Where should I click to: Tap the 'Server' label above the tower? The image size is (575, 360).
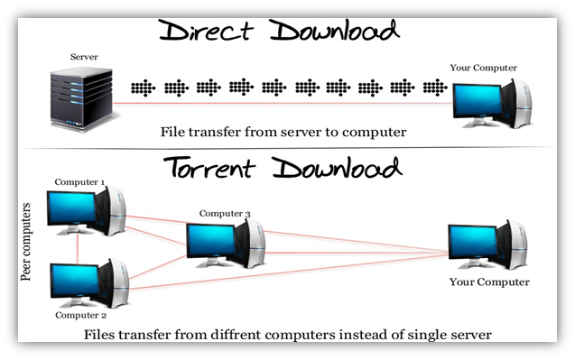click(83, 58)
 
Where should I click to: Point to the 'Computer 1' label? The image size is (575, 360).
click(79, 181)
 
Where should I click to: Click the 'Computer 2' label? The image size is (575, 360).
click(79, 316)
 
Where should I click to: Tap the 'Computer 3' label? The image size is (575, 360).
click(225, 213)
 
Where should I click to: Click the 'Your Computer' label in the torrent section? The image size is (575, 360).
click(488, 282)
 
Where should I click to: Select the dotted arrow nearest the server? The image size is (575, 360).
click(143, 88)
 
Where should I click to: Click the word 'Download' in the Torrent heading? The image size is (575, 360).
click(340, 169)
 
